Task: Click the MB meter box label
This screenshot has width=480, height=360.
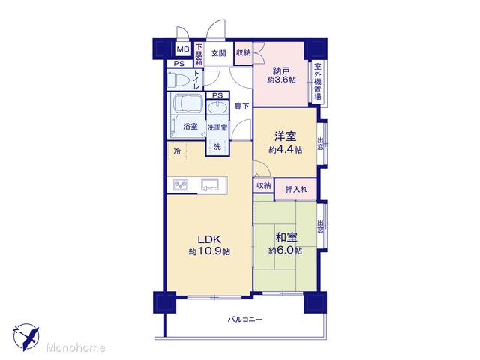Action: [x=183, y=49]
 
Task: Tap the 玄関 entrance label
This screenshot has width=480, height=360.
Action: [x=218, y=53]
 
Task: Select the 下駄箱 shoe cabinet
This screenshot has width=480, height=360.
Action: [x=199, y=55]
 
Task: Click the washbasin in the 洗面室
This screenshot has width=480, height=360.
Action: [x=217, y=108]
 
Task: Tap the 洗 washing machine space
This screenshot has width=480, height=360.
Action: [x=217, y=146]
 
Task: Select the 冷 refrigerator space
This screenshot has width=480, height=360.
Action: [x=177, y=151]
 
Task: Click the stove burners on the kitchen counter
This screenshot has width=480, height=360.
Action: [x=180, y=185]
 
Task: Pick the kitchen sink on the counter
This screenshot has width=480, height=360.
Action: [x=209, y=185]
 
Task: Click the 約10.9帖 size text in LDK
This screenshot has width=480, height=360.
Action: [x=209, y=252]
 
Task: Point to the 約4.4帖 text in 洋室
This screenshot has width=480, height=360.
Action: [x=285, y=150]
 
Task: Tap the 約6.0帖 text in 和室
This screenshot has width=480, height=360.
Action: [x=285, y=250]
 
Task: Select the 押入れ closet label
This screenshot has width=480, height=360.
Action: [x=296, y=190]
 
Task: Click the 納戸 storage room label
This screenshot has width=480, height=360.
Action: [x=281, y=71]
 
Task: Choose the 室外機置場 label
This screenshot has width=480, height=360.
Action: [x=318, y=82]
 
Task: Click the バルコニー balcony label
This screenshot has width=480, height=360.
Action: [x=245, y=319]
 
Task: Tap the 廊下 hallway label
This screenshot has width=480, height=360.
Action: [x=241, y=106]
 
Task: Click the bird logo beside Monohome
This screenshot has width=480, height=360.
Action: [x=26, y=337]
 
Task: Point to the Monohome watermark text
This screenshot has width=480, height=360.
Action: [x=76, y=347]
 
